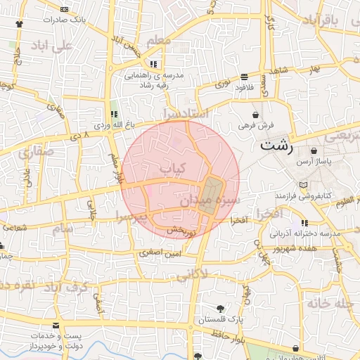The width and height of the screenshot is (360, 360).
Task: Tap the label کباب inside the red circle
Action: click(x=172, y=169)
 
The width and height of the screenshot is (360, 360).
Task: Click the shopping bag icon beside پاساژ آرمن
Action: click(x=313, y=151)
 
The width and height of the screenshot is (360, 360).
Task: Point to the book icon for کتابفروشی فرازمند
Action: click(x=303, y=184)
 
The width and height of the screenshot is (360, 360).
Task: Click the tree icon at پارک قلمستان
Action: click(x=220, y=309)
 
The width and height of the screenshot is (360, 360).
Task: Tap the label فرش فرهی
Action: click(x=255, y=124)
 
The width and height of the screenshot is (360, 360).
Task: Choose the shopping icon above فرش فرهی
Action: click(x=255, y=112)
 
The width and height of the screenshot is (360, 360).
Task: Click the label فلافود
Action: click(x=244, y=88)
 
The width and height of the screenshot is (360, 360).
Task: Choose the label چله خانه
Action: click(x=329, y=304)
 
